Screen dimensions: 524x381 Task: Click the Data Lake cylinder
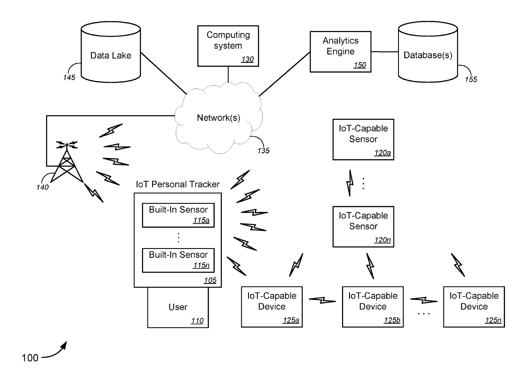tap(111, 52)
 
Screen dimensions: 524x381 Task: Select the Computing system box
tap(228, 46)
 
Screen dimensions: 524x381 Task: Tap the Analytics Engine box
tap(340, 51)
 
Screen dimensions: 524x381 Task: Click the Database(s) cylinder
tap(428, 52)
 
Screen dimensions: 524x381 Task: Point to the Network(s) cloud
tap(219, 118)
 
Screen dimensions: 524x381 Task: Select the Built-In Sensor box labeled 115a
tap(178, 215)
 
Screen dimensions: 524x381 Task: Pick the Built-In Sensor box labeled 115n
tap(178, 260)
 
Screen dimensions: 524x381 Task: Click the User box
tap(178, 308)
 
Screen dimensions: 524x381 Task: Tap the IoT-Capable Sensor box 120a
tap(363, 140)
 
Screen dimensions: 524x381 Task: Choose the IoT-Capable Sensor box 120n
tap(363, 227)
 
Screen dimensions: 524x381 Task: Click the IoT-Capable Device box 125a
tap(272, 307)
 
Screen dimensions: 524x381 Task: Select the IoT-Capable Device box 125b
tap(373, 307)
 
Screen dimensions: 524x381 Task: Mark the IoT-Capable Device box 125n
tap(474, 307)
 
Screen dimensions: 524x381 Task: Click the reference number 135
tap(263, 151)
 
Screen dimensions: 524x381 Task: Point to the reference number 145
tap(69, 77)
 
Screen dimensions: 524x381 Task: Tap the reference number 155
tap(471, 79)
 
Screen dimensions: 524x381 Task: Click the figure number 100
tap(30, 358)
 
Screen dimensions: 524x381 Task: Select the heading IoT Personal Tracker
tap(178, 184)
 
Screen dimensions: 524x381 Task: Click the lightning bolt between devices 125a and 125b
tap(322, 300)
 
